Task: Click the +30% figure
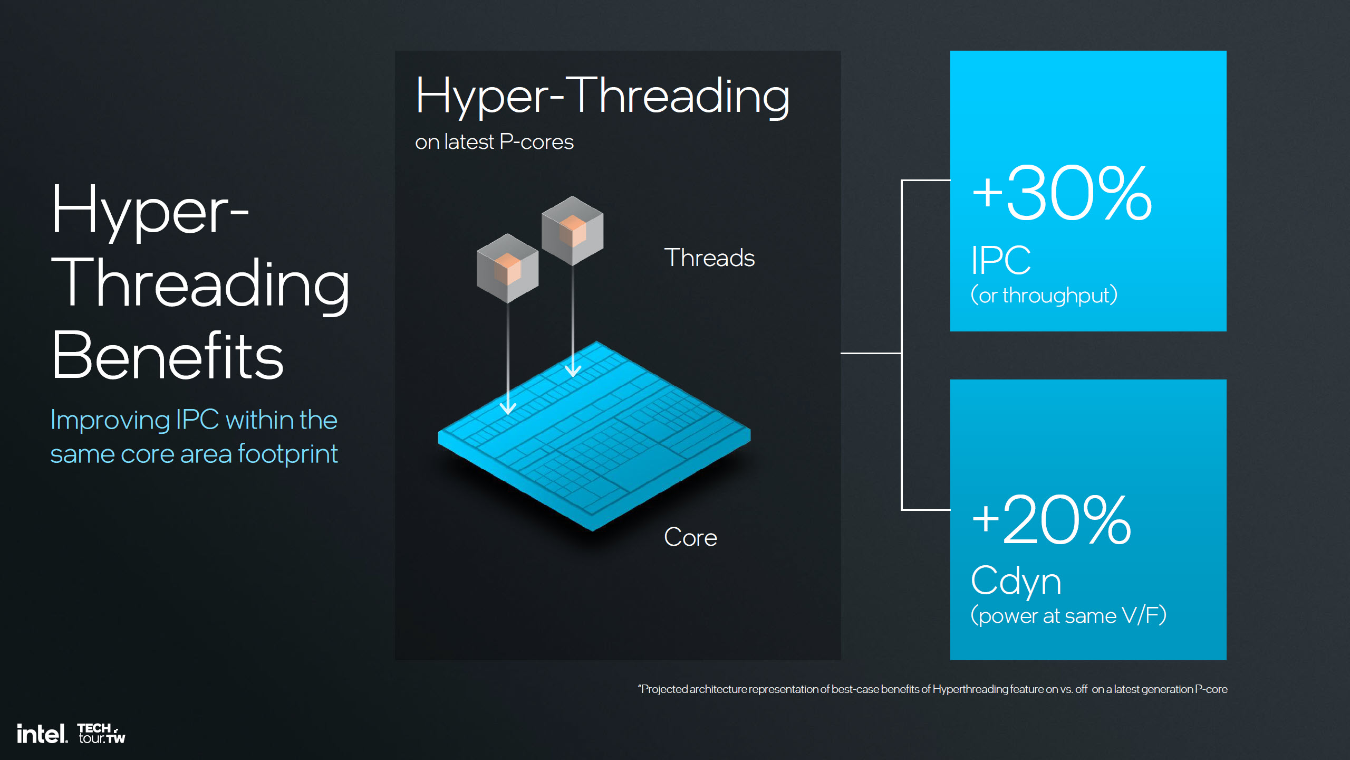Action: (1062, 193)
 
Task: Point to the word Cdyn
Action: (1016, 581)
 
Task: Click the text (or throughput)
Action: (1044, 295)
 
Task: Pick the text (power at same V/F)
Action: (1068, 615)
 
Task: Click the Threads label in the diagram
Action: (709, 258)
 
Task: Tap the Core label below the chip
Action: (690, 537)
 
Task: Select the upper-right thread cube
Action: (573, 231)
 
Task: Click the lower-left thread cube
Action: (508, 268)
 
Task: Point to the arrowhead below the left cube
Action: (508, 407)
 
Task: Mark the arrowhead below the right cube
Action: (573, 369)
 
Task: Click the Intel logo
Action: (42, 734)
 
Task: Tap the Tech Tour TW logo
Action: (102, 734)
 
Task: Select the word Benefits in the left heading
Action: (168, 355)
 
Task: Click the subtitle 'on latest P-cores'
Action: (494, 142)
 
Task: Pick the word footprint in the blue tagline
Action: (287, 454)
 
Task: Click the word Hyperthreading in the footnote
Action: (970, 689)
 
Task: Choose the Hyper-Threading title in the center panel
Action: (603, 96)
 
